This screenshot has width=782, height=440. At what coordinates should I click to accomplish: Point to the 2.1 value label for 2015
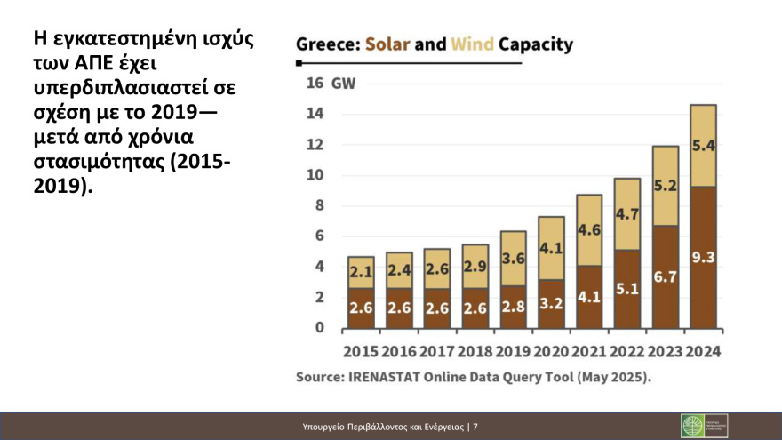point(360,271)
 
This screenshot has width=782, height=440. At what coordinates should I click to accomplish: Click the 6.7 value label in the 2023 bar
point(665,276)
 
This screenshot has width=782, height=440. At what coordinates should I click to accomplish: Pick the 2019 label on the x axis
point(514,351)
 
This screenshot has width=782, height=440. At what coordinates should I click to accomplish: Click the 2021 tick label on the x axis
point(589,351)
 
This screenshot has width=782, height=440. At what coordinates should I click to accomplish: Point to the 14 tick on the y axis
point(315,114)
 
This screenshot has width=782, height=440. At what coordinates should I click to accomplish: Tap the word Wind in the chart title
point(472,44)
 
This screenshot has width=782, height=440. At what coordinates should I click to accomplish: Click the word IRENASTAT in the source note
point(389,377)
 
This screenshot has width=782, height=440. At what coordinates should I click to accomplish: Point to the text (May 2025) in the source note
point(614,377)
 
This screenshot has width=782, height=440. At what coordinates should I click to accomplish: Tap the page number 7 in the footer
point(475,427)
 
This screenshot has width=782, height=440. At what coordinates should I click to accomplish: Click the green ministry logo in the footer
point(692,426)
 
